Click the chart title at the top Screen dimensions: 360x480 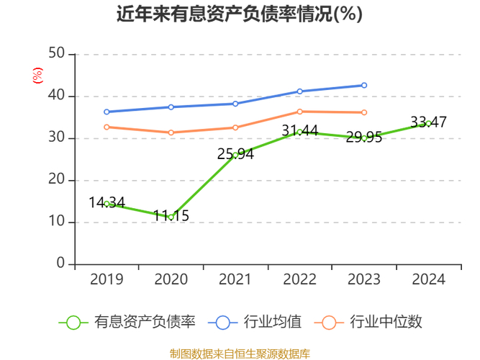coord(240,14)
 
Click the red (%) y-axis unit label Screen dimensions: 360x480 coord(37,74)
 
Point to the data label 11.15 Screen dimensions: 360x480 coord(171,216)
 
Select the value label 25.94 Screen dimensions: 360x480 coord(235,154)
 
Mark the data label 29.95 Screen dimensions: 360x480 coord(364,138)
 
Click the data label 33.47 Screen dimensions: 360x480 coord(429,122)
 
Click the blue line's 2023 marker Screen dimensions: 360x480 coord(364,85)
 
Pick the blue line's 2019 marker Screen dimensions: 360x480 coord(107,112)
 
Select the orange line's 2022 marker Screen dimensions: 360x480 coord(299,112)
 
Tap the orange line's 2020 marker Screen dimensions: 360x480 coord(171,132)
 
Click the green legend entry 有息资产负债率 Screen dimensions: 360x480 coord(127,322)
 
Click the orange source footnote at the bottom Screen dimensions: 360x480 coord(240,354)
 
